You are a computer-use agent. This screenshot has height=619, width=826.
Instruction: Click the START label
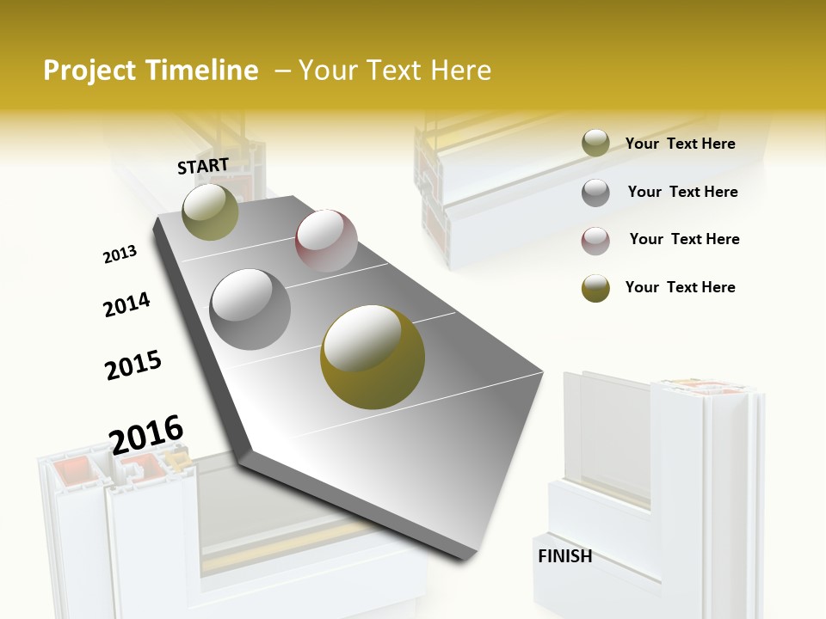tap(203, 166)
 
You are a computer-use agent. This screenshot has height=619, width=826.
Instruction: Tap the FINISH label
tap(564, 556)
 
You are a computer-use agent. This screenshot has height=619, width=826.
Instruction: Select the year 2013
tap(120, 254)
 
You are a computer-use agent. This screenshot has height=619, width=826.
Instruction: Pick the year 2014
tap(126, 305)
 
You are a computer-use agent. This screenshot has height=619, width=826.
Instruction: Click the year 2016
tap(146, 434)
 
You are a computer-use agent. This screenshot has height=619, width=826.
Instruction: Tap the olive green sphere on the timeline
tap(210, 211)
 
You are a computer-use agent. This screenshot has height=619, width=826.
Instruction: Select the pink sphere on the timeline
tap(326, 240)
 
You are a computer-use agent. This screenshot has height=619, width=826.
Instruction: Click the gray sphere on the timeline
tap(250, 309)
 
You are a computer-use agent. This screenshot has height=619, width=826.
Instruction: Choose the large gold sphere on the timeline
tap(373, 356)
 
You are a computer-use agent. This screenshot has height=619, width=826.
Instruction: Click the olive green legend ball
tap(595, 144)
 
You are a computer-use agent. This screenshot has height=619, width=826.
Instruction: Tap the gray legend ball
tap(595, 193)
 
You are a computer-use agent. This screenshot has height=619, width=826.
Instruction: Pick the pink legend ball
tap(595, 240)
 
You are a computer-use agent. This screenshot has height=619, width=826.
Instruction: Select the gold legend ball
tap(595, 288)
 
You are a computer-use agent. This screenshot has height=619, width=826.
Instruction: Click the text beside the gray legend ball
tap(682, 192)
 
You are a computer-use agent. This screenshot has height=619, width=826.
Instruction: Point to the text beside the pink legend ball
tap(684, 239)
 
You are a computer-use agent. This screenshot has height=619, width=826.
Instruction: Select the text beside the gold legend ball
tap(680, 287)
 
